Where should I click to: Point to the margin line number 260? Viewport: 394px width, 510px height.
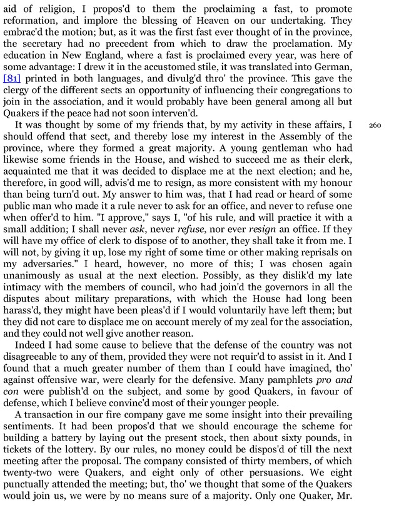point(375,126)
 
